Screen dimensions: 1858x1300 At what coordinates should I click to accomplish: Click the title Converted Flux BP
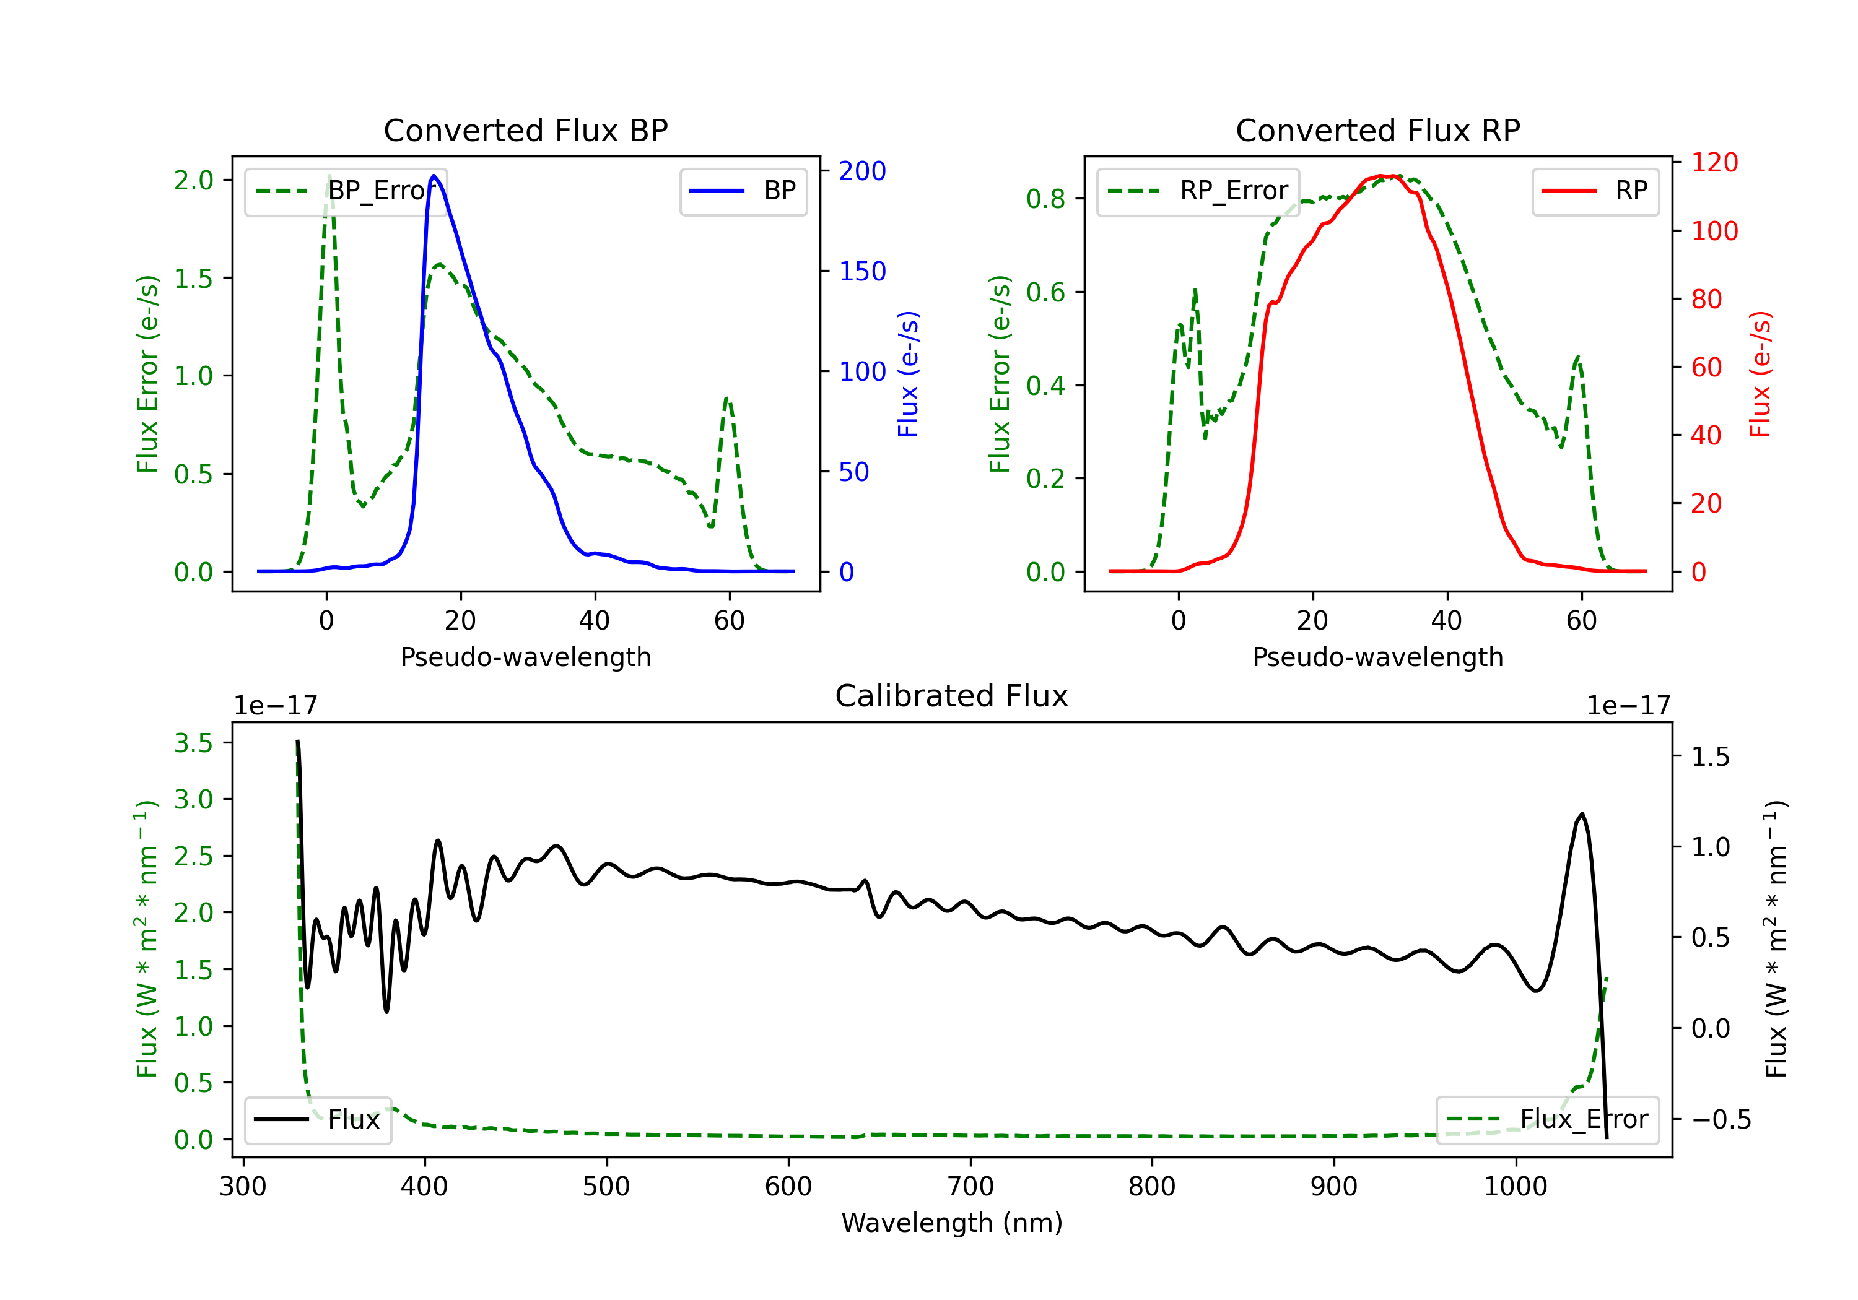click(x=525, y=130)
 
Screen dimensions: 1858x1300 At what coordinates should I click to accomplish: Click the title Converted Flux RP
click(x=1377, y=130)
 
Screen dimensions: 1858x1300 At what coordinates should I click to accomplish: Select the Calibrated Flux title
click(x=952, y=696)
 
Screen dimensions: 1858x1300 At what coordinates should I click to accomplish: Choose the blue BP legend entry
click(x=743, y=191)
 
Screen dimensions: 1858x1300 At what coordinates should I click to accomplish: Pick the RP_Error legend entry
click(x=1198, y=191)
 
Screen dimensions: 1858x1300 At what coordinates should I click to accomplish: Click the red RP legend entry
click(x=1595, y=191)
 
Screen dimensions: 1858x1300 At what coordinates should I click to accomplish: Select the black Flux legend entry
click(x=317, y=1120)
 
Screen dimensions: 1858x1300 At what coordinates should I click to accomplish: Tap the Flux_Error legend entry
click(x=1547, y=1120)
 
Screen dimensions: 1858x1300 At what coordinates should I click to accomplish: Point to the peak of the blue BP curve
click(x=434, y=176)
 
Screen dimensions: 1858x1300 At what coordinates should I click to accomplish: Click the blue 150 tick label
click(x=862, y=271)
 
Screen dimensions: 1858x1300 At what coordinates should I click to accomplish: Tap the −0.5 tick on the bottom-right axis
click(x=1721, y=1120)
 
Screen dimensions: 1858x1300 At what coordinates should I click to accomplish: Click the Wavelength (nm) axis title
click(x=952, y=1223)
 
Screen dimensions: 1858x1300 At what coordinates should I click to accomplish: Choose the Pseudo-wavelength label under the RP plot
click(x=1377, y=657)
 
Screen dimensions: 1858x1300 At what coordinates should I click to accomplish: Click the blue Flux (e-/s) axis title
click(x=908, y=374)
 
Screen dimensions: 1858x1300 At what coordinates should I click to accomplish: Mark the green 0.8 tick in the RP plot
click(x=1045, y=199)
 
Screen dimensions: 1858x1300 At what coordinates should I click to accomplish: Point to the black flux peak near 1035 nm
click(x=1582, y=814)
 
